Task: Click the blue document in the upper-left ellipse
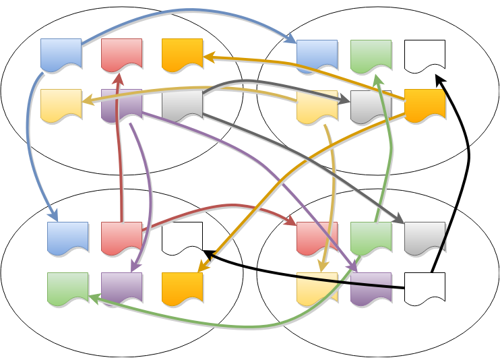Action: (61, 54)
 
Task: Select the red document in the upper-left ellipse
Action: (121, 54)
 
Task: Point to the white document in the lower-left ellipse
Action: (182, 237)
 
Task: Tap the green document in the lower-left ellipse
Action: (67, 288)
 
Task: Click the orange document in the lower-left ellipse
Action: (182, 288)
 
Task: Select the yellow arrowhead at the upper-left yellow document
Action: (86, 102)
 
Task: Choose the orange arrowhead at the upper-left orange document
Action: (208, 57)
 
